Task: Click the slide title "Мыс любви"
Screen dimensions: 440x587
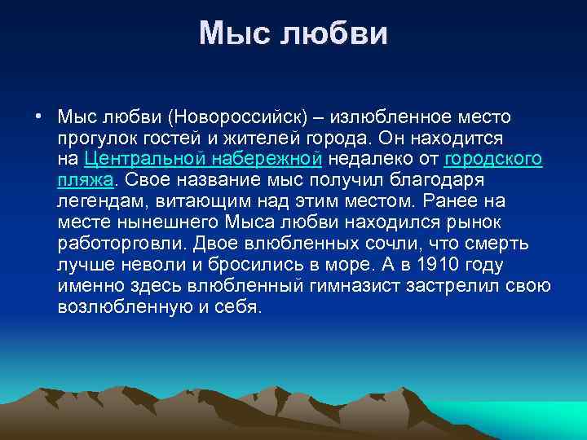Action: click(293, 33)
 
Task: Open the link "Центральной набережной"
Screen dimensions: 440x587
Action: click(204, 158)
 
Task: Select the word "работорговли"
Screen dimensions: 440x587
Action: click(121, 243)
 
